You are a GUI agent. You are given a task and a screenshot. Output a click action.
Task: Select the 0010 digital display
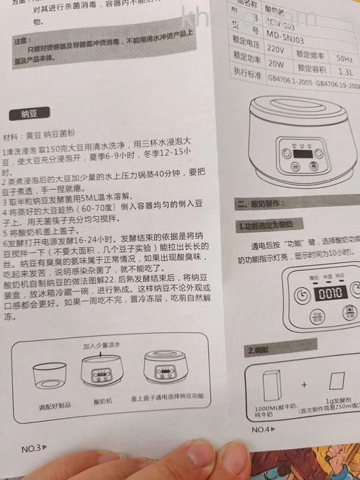pyautogui.click(x=331, y=294)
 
